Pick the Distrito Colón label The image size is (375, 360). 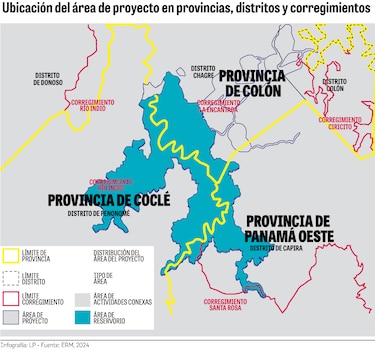pyautogui.click(x=335, y=84)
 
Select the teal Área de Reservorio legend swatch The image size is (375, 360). pyautogui.click(x=82, y=319)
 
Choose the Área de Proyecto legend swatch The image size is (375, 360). pyautogui.click(x=12, y=319)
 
